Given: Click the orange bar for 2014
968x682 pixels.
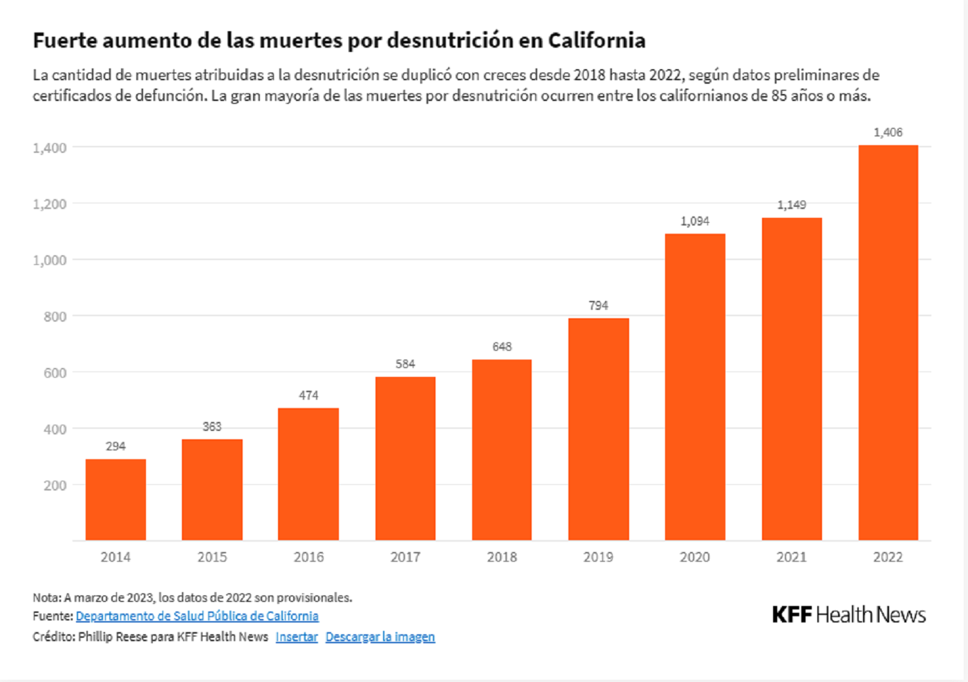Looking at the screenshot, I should [115, 499].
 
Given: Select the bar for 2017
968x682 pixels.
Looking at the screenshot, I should [405, 458].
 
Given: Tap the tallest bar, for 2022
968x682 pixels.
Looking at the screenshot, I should [888, 342].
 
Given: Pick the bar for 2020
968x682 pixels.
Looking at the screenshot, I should [695, 387].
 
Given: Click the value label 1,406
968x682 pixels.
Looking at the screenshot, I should [888, 132].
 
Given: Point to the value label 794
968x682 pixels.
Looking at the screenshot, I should [598, 306].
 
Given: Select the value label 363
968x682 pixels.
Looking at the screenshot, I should [212, 427].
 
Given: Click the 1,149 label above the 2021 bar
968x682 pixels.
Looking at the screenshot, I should [791, 205].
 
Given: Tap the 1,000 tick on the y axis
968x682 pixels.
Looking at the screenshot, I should [50, 260].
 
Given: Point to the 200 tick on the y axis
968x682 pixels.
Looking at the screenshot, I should [55, 486].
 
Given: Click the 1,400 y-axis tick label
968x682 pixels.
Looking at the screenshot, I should [50, 148].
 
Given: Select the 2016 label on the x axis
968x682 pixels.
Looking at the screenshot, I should [308, 557].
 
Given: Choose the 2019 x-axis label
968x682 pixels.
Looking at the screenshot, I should [598, 557].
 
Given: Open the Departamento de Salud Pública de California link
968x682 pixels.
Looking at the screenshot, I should [197, 616].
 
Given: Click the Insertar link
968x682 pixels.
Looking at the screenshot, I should [297, 637].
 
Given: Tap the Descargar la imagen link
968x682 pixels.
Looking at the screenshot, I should [380, 637].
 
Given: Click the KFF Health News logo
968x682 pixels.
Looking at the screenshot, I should [848, 615].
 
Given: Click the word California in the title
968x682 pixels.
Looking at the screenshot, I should [597, 41].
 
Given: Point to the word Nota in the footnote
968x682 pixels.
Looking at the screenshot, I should [46, 598].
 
